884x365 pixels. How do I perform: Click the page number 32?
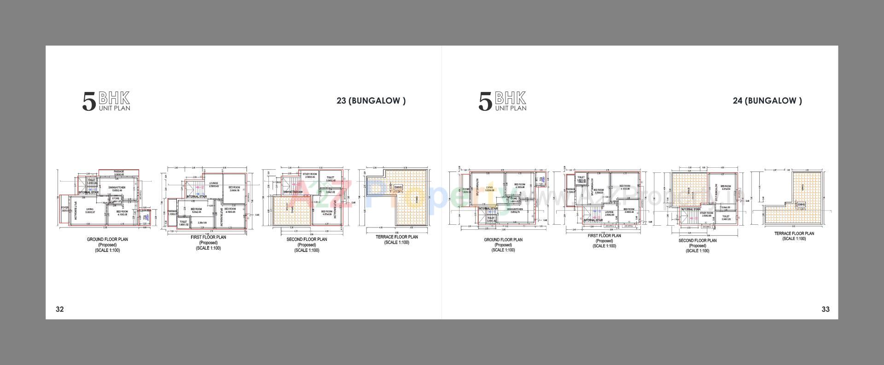click(60, 309)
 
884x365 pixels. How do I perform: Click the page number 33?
click(826, 309)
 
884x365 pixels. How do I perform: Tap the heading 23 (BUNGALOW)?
click(371, 101)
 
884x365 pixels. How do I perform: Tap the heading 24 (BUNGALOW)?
click(767, 101)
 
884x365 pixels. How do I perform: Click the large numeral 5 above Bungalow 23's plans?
click(89, 102)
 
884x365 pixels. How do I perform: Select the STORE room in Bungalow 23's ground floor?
click(116, 200)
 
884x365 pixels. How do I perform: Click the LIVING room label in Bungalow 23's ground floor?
click(90, 210)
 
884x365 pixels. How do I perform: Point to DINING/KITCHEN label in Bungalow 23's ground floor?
click(116, 188)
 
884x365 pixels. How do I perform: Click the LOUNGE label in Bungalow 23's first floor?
click(214, 184)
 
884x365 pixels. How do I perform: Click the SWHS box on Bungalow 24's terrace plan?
click(801, 205)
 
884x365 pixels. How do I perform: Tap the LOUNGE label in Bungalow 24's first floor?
click(609, 213)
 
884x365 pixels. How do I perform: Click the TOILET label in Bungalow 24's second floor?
click(726, 217)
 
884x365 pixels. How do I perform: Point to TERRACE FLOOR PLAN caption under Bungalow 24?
click(794, 234)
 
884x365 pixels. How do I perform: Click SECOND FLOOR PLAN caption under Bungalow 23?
click(307, 240)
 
